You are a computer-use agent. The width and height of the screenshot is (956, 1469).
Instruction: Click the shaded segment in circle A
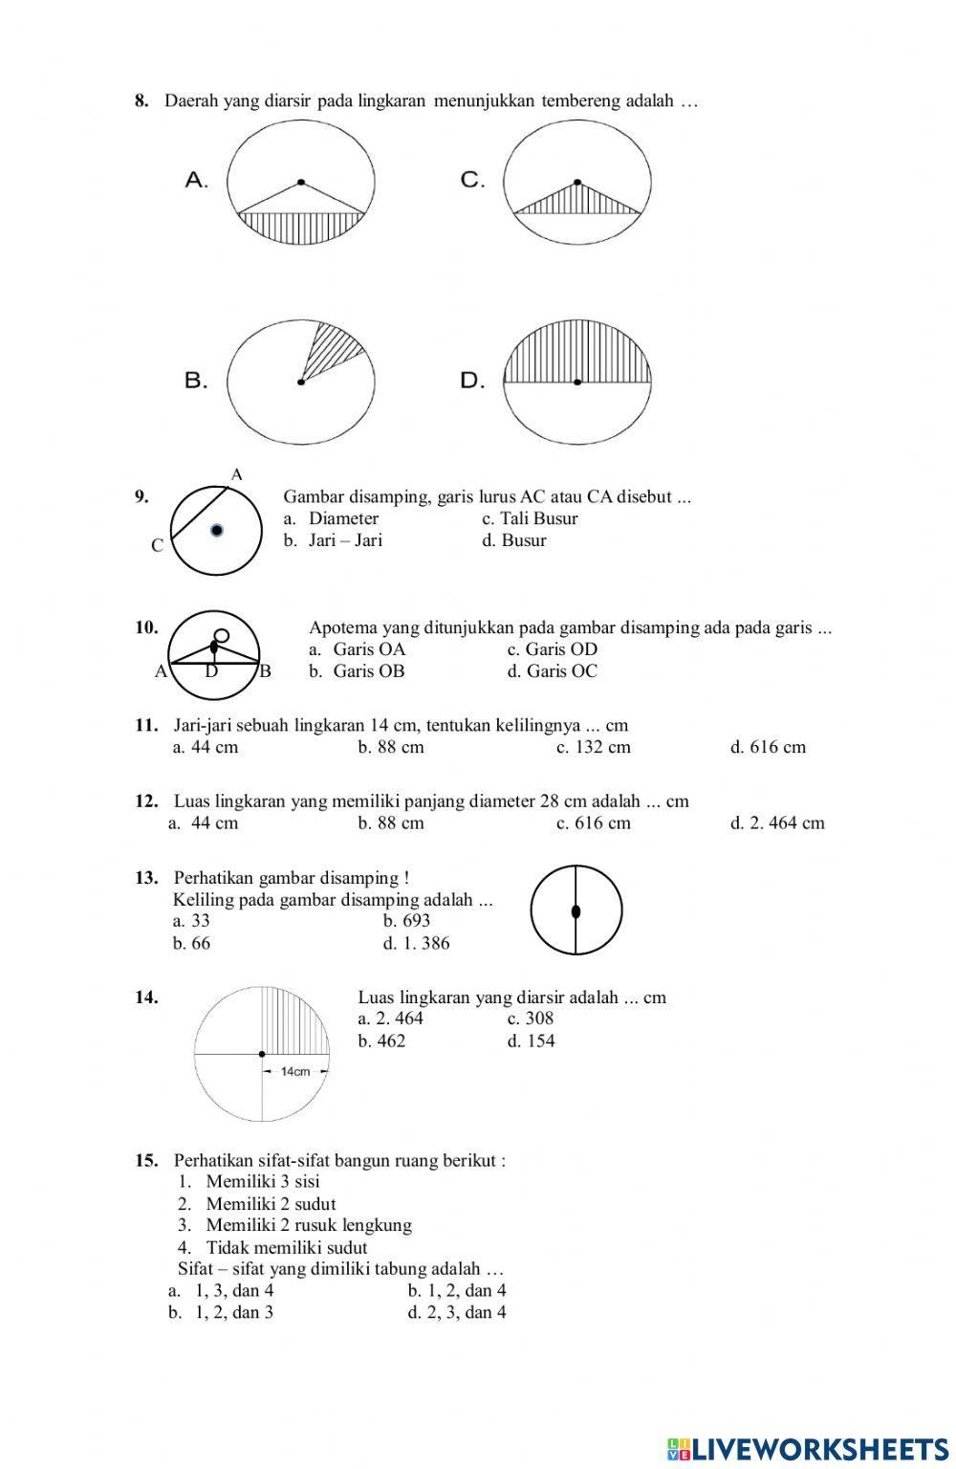[x=301, y=228]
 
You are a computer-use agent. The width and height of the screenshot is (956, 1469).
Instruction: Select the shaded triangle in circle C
[x=577, y=201]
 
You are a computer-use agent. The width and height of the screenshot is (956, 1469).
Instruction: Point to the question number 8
[x=141, y=100]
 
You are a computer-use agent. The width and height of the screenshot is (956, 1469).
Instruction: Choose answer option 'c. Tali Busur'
[x=530, y=518]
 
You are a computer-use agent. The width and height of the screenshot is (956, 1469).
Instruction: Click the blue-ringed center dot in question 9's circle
[x=217, y=530]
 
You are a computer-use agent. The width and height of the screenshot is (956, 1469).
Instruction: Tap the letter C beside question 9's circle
[x=158, y=545]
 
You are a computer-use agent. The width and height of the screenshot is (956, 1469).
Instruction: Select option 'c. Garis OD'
[x=552, y=649]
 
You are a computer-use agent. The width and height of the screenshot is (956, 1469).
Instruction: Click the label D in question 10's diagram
[x=211, y=671]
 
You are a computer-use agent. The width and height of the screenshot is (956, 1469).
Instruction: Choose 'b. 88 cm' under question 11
[x=390, y=747]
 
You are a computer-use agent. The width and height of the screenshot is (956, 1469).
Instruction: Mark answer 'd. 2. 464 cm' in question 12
[x=776, y=822]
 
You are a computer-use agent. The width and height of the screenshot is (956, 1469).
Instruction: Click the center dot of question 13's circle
[x=576, y=911]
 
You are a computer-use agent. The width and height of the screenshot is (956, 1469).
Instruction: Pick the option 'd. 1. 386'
[x=416, y=943]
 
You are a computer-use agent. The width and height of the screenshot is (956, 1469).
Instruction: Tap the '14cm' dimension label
[x=295, y=1071]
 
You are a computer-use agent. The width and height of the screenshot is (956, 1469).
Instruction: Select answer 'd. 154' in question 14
[x=531, y=1041]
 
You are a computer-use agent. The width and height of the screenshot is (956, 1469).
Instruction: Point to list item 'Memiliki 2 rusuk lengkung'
[x=308, y=1225]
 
